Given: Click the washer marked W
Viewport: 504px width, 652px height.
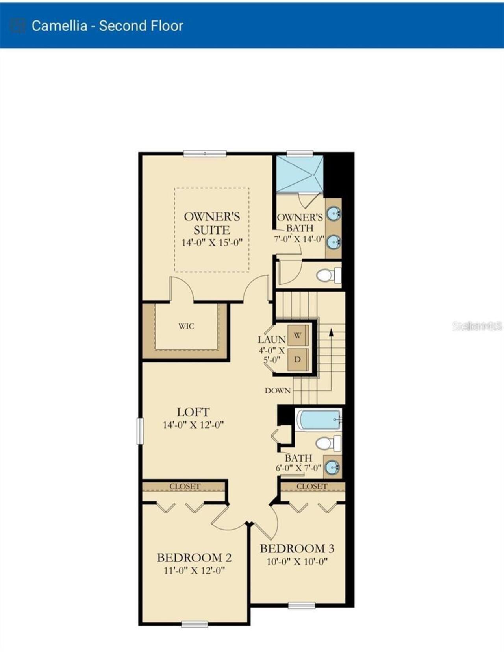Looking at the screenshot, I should (x=297, y=336).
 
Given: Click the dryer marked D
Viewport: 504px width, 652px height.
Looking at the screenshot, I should (x=297, y=359).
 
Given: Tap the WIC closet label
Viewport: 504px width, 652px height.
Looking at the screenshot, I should (x=186, y=326).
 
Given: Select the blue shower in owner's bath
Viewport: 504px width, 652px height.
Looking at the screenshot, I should (x=299, y=174).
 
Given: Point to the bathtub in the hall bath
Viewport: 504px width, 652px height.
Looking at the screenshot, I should (x=319, y=420).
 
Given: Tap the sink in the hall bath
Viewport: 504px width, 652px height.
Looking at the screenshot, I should (x=333, y=467).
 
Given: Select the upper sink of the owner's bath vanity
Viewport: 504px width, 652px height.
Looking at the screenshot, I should (x=334, y=214).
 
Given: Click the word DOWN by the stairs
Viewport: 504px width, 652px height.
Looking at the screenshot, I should (x=278, y=391).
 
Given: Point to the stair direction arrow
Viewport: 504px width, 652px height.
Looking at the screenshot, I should (x=331, y=333).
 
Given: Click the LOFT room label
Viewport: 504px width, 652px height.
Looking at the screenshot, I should (x=193, y=412).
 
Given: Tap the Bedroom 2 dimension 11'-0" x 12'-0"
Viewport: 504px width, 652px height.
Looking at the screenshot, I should (x=194, y=571).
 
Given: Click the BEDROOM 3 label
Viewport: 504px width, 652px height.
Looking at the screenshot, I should (x=297, y=548).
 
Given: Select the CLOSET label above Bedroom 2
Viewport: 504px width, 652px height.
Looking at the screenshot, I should (x=185, y=486).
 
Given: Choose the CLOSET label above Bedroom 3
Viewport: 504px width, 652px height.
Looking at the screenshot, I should (x=312, y=486).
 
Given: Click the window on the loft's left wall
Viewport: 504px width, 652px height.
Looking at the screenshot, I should (x=140, y=431).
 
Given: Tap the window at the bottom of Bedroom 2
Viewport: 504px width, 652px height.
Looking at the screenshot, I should (x=195, y=624).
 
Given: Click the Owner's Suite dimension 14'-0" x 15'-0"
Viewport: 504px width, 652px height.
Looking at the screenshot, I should (x=212, y=242).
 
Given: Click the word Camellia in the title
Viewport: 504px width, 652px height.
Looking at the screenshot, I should (x=59, y=26).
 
